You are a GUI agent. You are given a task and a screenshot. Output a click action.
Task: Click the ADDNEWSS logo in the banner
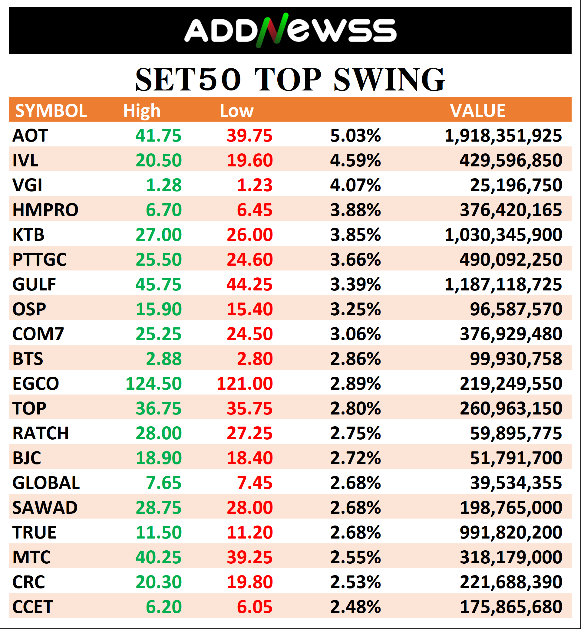click(x=290, y=31)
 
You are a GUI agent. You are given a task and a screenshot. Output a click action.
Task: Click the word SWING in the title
click(x=389, y=80)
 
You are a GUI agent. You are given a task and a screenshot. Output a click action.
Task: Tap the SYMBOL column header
click(x=51, y=111)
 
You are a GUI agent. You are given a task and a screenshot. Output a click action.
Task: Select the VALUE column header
click(x=477, y=111)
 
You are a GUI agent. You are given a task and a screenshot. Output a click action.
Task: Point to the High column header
click(x=141, y=111)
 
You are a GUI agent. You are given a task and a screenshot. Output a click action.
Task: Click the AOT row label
click(x=30, y=136)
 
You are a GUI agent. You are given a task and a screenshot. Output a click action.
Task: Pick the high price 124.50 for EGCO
click(x=154, y=384)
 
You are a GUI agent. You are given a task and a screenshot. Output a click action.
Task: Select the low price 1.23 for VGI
click(x=254, y=185)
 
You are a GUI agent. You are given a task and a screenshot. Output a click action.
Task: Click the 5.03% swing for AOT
click(x=355, y=136)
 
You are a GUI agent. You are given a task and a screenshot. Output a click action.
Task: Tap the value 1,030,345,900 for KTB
click(x=503, y=235)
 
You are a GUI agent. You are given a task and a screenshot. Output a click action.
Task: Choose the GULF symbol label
click(x=34, y=284)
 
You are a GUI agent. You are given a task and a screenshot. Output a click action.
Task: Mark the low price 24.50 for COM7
click(x=250, y=334)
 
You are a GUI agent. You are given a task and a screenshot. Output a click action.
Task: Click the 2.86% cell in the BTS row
click(x=355, y=359)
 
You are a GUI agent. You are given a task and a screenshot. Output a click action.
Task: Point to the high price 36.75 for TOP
click(x=158, y=408)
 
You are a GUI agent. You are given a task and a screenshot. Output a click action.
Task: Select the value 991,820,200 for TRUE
click(x=510, y=532)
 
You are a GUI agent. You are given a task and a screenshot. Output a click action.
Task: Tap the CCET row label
click(x=33, y=607)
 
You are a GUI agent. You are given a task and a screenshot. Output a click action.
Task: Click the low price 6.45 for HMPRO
click(x=254, y=210)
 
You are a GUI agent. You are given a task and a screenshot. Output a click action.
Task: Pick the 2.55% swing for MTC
click(x=355, y=557)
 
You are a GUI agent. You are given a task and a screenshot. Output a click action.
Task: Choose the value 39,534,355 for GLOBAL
click(x=516, y=483)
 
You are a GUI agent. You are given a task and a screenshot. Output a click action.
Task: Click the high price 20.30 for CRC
click(x=158, y=582)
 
